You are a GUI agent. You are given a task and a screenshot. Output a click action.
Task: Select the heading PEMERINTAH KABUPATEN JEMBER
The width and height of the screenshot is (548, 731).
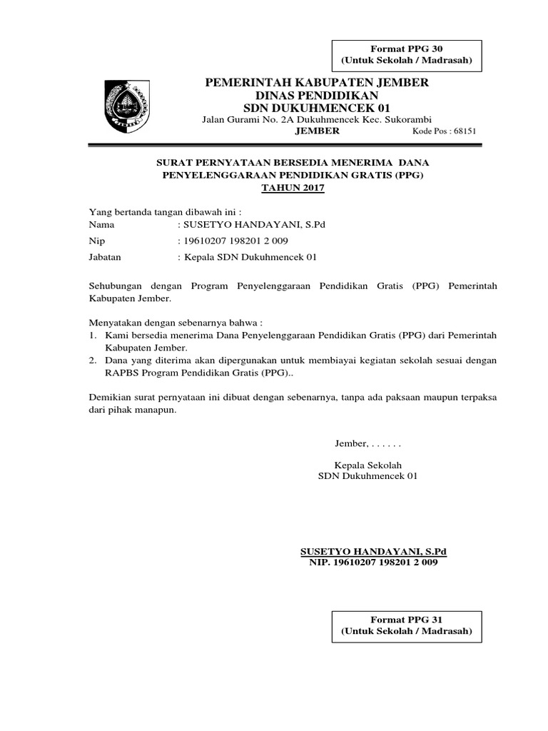point(317,83)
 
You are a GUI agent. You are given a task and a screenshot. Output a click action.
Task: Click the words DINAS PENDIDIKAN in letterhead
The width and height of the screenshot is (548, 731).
point(318,95)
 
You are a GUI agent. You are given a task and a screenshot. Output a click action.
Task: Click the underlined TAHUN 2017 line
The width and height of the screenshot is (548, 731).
point(293,188)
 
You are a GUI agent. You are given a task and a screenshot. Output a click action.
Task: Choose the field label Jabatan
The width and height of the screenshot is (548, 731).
point(104,257)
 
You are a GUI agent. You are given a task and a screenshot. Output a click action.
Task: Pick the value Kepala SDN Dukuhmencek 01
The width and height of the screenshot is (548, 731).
point(250,257)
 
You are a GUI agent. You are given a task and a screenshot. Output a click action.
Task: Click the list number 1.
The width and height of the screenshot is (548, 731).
point(92,334)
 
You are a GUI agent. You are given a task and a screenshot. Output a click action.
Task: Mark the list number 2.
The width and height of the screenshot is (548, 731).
point(92,361)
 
